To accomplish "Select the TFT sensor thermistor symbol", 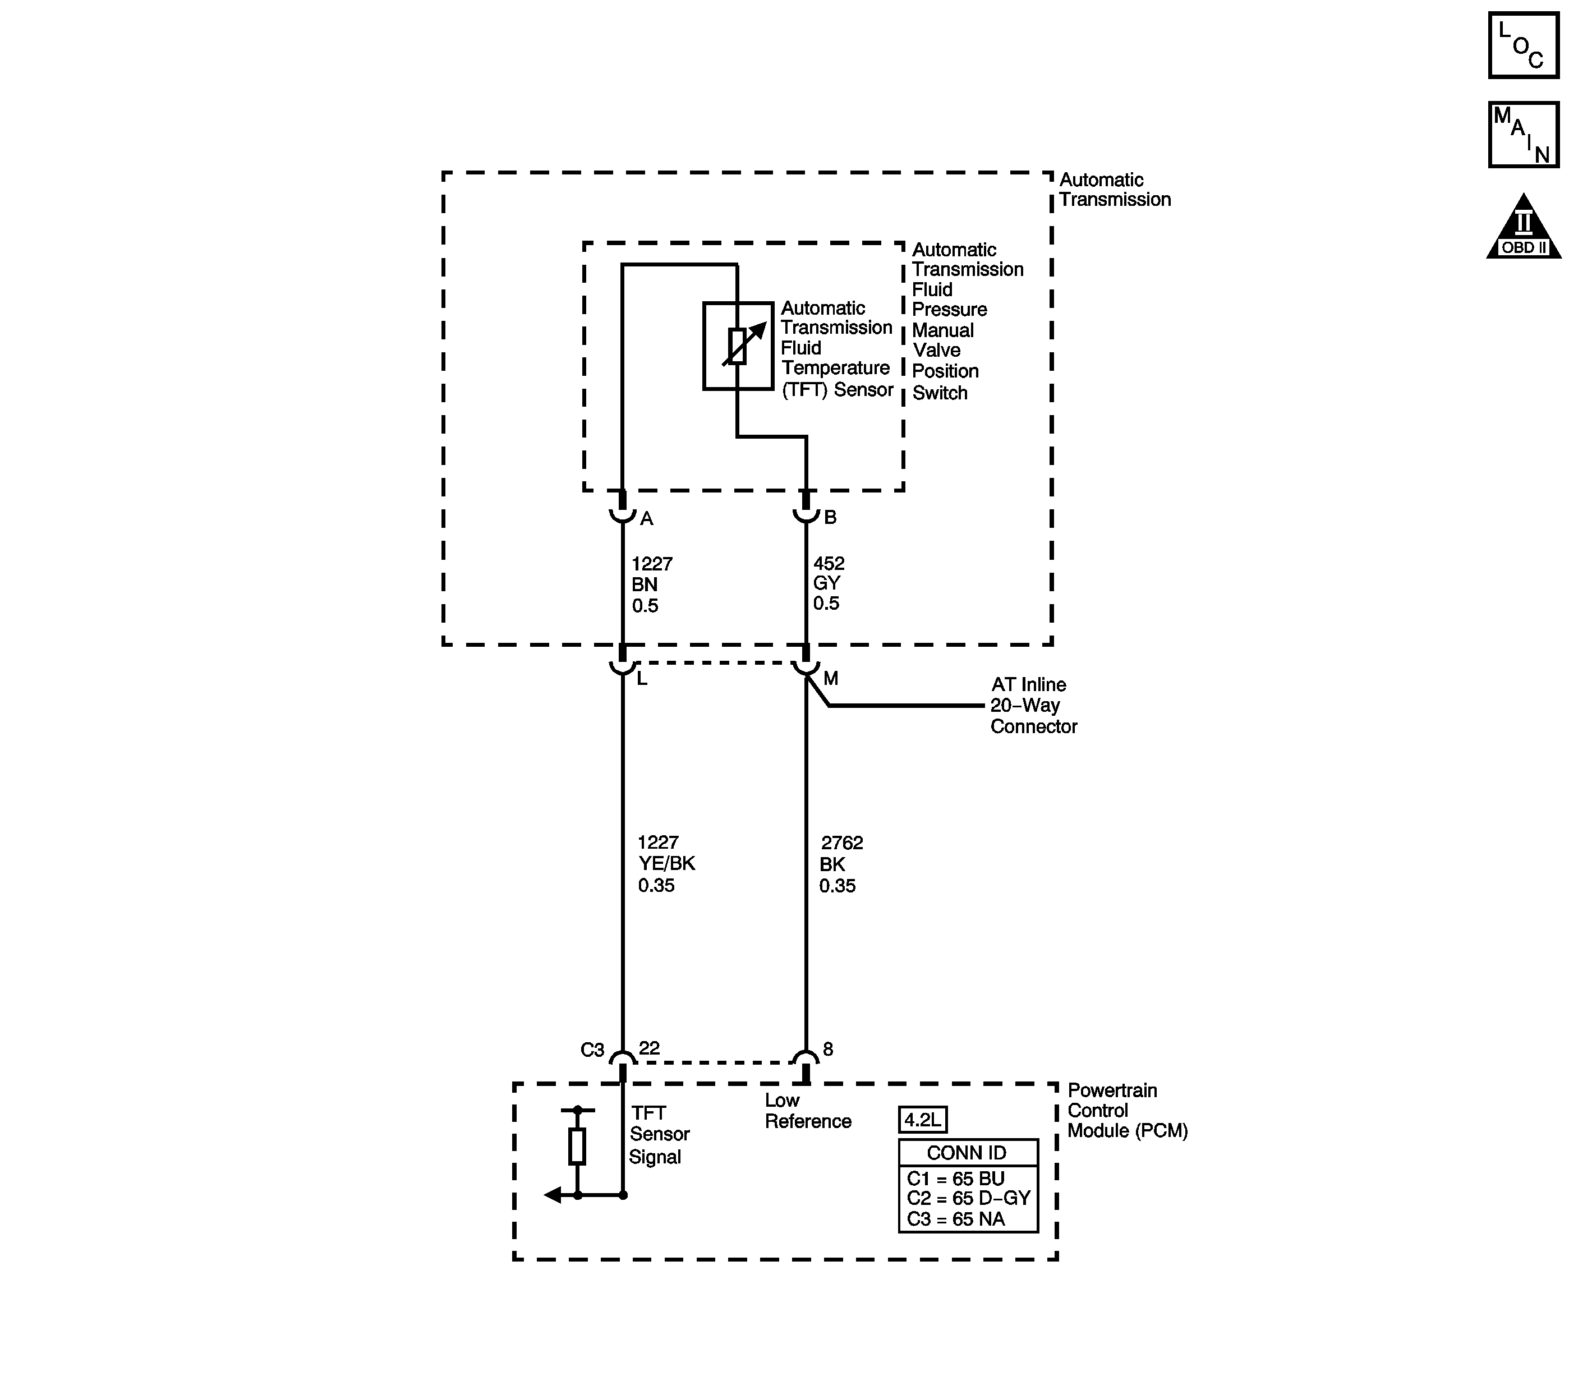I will (x=738, y=346).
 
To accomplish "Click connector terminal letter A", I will (x=646, y=519).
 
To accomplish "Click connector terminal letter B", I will (x=830, y=517).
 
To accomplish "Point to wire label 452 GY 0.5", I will (x=828, y=583).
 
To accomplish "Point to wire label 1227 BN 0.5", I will (x=651, y=585).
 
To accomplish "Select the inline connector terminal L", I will (x=642, y=679).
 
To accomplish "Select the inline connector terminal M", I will (x=831, y=679).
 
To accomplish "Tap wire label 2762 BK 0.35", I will (x=840, y=864).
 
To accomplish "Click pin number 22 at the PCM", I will (x=650, y=1048).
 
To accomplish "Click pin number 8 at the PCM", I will (x=827, y=1049).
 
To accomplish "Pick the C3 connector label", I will (x=592, y=1050).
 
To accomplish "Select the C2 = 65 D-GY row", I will (x=967, y=1198).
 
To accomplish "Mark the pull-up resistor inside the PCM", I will (x=577, y=1146).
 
